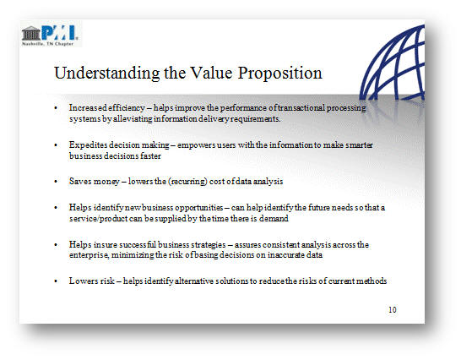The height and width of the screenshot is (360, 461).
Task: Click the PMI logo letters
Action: (x=60, y=32)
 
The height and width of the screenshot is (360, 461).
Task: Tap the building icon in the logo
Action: (x=31, y=33)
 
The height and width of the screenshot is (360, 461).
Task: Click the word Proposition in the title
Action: (x=280, y=73)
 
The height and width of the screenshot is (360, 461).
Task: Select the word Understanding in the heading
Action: (x=107, y=73)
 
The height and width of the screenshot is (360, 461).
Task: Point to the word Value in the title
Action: (x=211, y=73)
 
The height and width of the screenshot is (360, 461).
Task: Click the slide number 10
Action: (x=393, y=309)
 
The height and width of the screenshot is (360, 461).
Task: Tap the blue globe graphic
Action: (x=393, y=63)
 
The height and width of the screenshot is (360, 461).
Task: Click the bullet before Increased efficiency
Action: (x=56, y=108)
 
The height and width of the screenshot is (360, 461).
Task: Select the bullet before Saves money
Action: (x=56, y=182)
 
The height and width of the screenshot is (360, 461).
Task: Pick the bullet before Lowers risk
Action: (x=56, y=281)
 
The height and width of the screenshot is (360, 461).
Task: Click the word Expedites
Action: (x=88, y=145)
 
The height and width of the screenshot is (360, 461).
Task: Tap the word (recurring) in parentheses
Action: (x=187, y=182)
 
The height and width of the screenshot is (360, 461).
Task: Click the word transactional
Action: (x=301, y=107)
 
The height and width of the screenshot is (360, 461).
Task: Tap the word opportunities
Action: (x=199, y=208)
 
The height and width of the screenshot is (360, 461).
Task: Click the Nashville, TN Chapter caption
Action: (x=47, y=44)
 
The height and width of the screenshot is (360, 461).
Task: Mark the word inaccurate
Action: (x=285, y=255)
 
